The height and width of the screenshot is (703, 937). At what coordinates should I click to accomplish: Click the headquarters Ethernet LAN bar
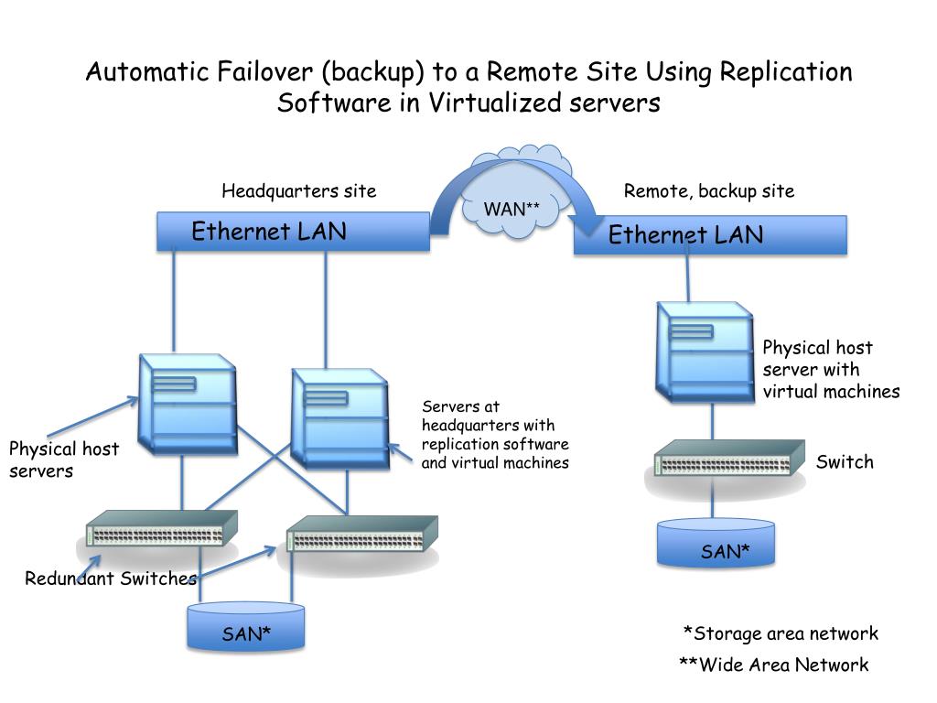tap(293, 232)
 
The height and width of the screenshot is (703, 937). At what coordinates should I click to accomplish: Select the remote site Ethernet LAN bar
tap(709, 235)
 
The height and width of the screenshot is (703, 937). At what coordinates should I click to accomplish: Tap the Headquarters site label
tap(299, 190)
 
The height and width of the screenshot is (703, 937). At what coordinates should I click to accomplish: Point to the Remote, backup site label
tap(709, 190)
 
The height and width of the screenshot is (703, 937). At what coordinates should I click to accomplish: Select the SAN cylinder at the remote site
tap(716, 542)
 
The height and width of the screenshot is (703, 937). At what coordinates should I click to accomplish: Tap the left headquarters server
tap(187, 401)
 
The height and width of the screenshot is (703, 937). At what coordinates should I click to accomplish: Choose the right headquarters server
tap(339, 416)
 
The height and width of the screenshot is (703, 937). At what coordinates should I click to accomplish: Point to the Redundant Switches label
tap(111, 579)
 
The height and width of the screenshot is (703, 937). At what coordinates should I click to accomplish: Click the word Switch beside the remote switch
tap(845, 461)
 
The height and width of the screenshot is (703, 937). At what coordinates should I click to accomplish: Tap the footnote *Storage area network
tap(781, 633)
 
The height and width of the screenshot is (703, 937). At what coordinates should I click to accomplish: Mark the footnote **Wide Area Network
tap(773, 665)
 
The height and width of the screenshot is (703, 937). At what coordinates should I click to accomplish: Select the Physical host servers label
tap(64, 460)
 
